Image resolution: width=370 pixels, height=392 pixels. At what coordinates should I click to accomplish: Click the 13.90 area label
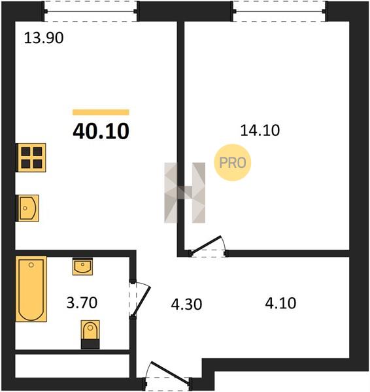pyautogui.click(x=44, y=39)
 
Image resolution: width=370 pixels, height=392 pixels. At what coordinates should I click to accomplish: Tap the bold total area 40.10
pyautogui.click(x=101, y=131)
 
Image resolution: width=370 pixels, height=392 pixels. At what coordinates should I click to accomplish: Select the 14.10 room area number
pyautogui.click(x=260, y=131)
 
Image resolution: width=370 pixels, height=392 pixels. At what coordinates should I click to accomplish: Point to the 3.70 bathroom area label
pyautogui.click(x=82, y=302)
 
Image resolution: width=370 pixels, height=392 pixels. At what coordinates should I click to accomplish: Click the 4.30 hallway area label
pyautogui.click(x=186, y=304)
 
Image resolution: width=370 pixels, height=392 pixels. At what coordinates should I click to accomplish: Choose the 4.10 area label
pyautogui.click(x=280, y=303)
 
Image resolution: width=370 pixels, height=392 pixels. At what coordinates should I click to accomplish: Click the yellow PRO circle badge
pyautogui.click(x=233, y=163)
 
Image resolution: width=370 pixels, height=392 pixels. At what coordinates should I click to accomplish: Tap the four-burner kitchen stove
pyautogui.click(x=31, y=157)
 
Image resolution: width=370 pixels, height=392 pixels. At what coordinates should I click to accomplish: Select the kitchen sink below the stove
pyautogui.click(x=27, y=208)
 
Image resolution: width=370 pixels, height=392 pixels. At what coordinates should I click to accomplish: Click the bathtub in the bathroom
pyautogui.click(x=31, y=289)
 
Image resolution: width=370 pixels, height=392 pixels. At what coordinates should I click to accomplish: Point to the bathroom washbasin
pyautogui.click(x=82, y=267)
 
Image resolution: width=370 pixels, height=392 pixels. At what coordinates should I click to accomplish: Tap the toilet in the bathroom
pyautogui.click(x=90, y=335)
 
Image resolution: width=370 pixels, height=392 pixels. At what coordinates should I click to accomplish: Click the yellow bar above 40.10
pyautogui.click(x=101, y=112)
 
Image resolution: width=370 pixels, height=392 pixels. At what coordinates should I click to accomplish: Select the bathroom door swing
pyautogui.click(x=140, y=300)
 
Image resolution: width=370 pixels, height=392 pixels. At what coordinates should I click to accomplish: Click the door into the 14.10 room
pyautogui.click(x=208, y=247)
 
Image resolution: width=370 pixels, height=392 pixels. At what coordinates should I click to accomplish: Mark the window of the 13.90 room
pyautogui.click(x=91, y=11)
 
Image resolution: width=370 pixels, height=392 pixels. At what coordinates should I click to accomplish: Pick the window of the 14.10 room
pyautogui.click(x=280, y=11)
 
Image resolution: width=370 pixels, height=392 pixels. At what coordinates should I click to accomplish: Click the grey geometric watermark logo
pyautogui.click(x=184, y=193)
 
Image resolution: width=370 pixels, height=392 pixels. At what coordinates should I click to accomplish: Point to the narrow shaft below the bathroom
pyautogui.click(x=72, y=366)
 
